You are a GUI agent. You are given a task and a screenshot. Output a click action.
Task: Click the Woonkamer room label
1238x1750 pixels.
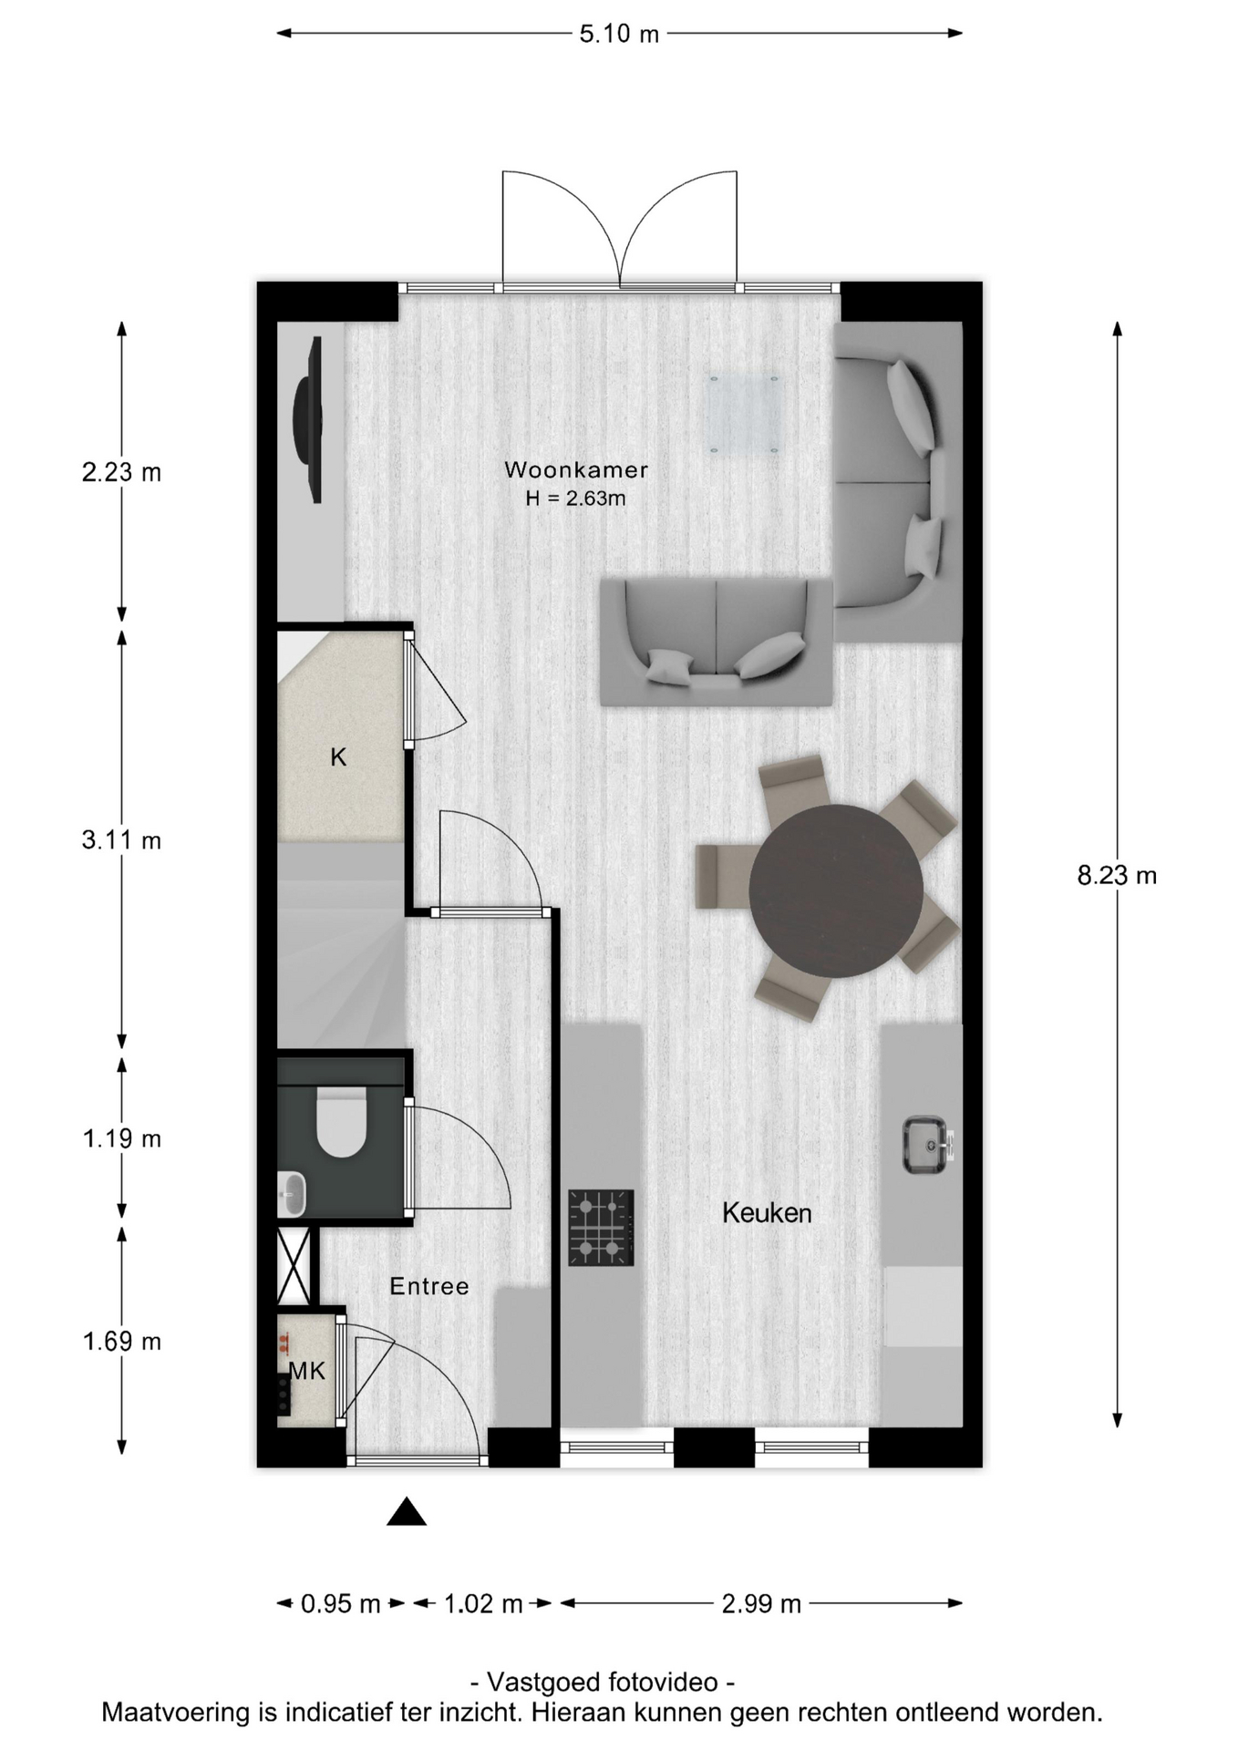click(576, 470)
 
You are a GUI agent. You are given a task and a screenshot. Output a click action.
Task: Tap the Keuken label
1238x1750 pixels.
click(767, 1212)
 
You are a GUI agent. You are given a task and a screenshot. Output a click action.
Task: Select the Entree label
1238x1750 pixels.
click(429, 1286)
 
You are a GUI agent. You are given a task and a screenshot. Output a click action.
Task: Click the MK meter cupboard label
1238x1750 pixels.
click(307, 1371)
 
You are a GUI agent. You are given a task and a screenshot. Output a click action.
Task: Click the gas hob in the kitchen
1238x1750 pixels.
click(601, 1228)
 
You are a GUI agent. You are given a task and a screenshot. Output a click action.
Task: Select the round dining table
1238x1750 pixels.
click(836, 891)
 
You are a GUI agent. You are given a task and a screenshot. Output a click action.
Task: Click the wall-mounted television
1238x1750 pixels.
click(308, 419)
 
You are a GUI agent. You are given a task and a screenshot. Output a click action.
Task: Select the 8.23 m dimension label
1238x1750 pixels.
click(1117, 876)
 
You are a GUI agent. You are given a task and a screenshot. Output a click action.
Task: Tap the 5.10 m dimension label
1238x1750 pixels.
click(619, 34)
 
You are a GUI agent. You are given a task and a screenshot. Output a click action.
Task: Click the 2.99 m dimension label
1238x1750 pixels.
click(761, 1603)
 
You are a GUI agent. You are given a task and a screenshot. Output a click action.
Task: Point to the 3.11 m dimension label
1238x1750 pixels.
click(121, 839)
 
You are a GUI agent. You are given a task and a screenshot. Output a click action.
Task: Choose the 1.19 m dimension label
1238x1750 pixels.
click(121, 1138)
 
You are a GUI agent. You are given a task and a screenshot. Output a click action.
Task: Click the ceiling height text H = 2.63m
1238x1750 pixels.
click(575, 499)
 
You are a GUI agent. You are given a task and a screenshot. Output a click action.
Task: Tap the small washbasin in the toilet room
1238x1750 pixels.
click(292, 1194)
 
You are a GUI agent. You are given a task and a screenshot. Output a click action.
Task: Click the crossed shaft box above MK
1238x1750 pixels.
click(294, 1267)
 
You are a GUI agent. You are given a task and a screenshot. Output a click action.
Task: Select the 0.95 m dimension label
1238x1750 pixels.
click(340, 1603)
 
